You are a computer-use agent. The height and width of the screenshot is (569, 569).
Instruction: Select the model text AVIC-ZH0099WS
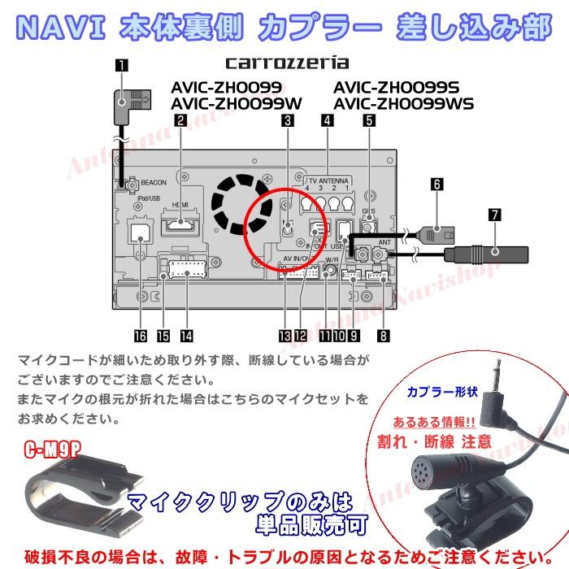(403, 103)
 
